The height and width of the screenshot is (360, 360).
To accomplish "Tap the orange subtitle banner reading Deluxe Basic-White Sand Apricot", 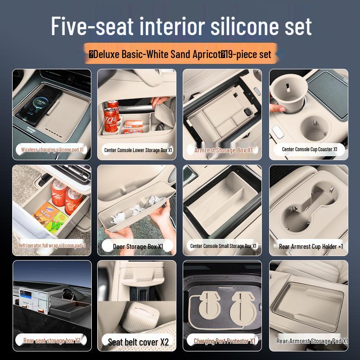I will click(180, 54).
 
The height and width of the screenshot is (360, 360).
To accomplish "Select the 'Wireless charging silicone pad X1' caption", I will click(52, 149).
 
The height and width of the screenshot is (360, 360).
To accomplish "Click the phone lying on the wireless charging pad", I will click(37, 103).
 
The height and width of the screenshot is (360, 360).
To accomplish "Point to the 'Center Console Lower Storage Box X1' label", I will click(138, 150).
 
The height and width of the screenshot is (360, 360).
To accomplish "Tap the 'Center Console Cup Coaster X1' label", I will click(310, 149).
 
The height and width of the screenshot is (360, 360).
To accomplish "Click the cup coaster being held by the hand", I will click(288, 93).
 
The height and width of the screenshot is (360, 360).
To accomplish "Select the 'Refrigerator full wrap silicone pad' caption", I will click(52, 246).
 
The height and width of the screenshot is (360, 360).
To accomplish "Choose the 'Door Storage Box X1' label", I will click(138, 246).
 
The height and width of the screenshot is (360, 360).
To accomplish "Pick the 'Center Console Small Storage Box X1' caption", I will click(223, 246).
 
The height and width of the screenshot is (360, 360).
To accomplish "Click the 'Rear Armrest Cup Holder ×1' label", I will click(310, 247).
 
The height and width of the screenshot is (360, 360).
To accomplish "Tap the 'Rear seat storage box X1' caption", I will click(52, 341).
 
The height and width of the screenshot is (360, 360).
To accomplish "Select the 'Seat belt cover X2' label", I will click(138, 342).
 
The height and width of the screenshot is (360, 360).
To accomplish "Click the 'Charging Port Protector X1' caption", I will click(224, 341).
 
